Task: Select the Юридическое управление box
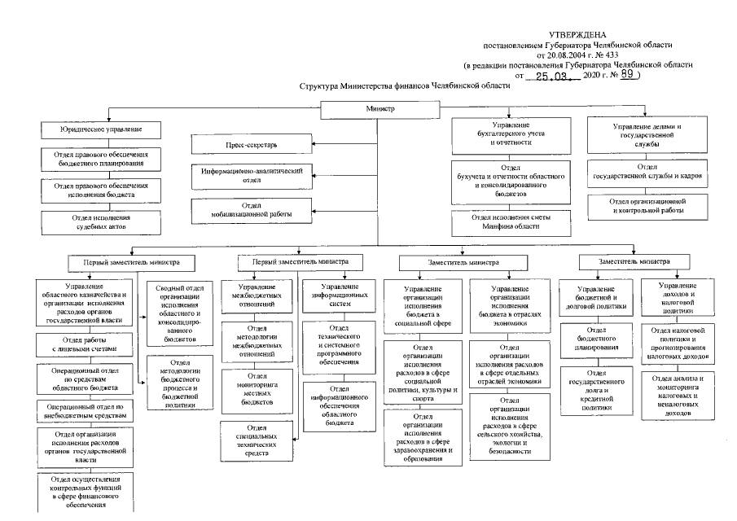coord(100,130)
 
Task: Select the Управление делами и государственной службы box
coord(647,134)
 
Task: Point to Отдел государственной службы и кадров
coord(647,171)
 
